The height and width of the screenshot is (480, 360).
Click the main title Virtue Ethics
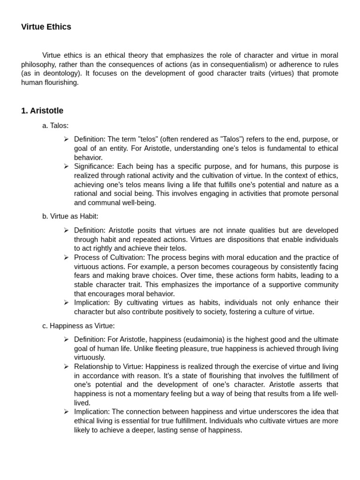46,27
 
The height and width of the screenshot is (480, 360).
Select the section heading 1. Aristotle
42,111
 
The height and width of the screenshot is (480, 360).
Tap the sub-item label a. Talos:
55,126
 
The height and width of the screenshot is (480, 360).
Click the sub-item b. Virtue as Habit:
70,216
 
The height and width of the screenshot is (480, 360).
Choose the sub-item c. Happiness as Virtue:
78,326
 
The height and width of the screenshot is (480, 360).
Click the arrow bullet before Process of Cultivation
66,257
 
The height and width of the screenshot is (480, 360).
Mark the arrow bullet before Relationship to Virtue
66,367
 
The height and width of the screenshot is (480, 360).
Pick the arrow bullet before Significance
66,166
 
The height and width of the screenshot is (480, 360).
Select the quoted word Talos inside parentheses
217,139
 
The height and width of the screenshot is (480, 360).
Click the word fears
82,276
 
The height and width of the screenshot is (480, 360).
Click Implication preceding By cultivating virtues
92,303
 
